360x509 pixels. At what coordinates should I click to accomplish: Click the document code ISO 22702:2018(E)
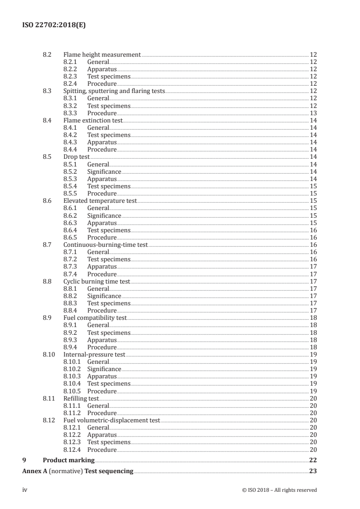pos(54,25)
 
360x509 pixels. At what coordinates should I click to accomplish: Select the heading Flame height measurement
pos(102,54)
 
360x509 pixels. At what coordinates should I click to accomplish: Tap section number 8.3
pos(47,91)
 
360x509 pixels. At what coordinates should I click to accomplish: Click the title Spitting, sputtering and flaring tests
pos(114,91)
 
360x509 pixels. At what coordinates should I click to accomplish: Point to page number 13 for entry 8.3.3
pos(313,113)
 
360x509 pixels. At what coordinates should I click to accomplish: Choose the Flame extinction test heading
pos(93,120)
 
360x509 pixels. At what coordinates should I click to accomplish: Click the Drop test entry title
pos(76,157)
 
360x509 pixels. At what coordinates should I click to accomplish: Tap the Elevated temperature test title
pos(100,201)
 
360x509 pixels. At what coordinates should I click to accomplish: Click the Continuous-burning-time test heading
pos(106,245)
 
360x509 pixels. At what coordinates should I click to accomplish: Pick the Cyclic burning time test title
pos(97,282)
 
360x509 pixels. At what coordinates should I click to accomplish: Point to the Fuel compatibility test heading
pos(95,318)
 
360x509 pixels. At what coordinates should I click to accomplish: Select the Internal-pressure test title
pos(94,354)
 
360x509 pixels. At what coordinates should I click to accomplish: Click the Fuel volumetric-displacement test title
pos(112,420)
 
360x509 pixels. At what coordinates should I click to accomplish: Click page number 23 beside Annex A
pos(312,471)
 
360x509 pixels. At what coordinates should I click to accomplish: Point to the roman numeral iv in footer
pos(25,490)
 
